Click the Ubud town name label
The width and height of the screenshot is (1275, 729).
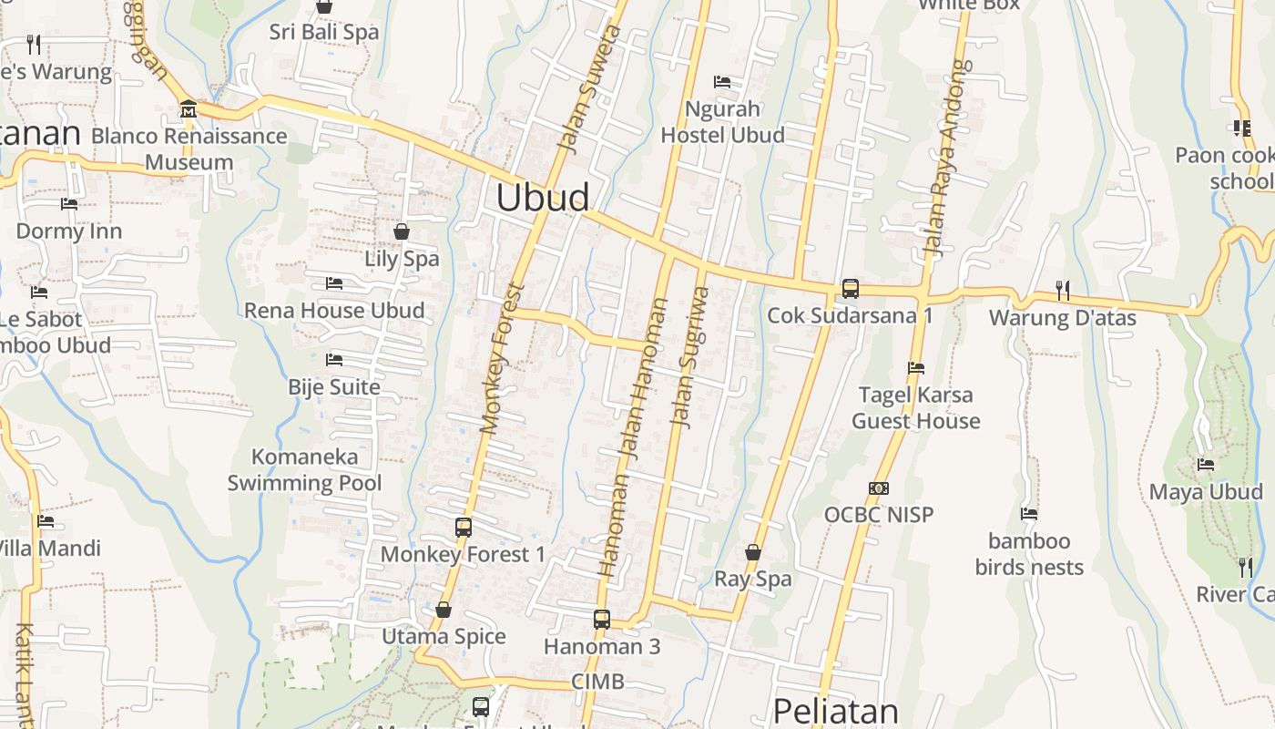[x=543, y=198]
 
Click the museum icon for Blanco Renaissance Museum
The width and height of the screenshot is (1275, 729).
[x=189, y=109]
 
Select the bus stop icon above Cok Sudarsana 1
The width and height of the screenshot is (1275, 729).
[x=850, y=289]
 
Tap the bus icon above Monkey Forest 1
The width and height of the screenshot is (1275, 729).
[x=463, y=528]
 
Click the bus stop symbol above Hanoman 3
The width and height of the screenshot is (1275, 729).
[x=601, y=620]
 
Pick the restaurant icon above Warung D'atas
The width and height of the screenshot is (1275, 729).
[x=1062, y=291]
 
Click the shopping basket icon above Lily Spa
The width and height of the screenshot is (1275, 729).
[x=402, y=231]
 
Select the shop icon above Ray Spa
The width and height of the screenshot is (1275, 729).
[x=753, y=552]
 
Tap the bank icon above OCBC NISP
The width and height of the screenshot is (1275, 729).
[x=879, y=488]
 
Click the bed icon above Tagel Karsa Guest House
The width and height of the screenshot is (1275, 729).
[x=916, y=368]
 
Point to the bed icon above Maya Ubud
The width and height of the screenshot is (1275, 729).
[x=1206, y=465]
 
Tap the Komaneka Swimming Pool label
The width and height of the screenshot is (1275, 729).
[x=305, y=469]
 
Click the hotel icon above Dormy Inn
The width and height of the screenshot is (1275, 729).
[x=69, y=204]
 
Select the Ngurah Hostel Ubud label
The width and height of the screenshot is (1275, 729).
[x=722, y=122]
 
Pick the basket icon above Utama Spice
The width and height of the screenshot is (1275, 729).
[x=444, y=610]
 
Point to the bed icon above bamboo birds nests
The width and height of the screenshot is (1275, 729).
[x=1029, y=514]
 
